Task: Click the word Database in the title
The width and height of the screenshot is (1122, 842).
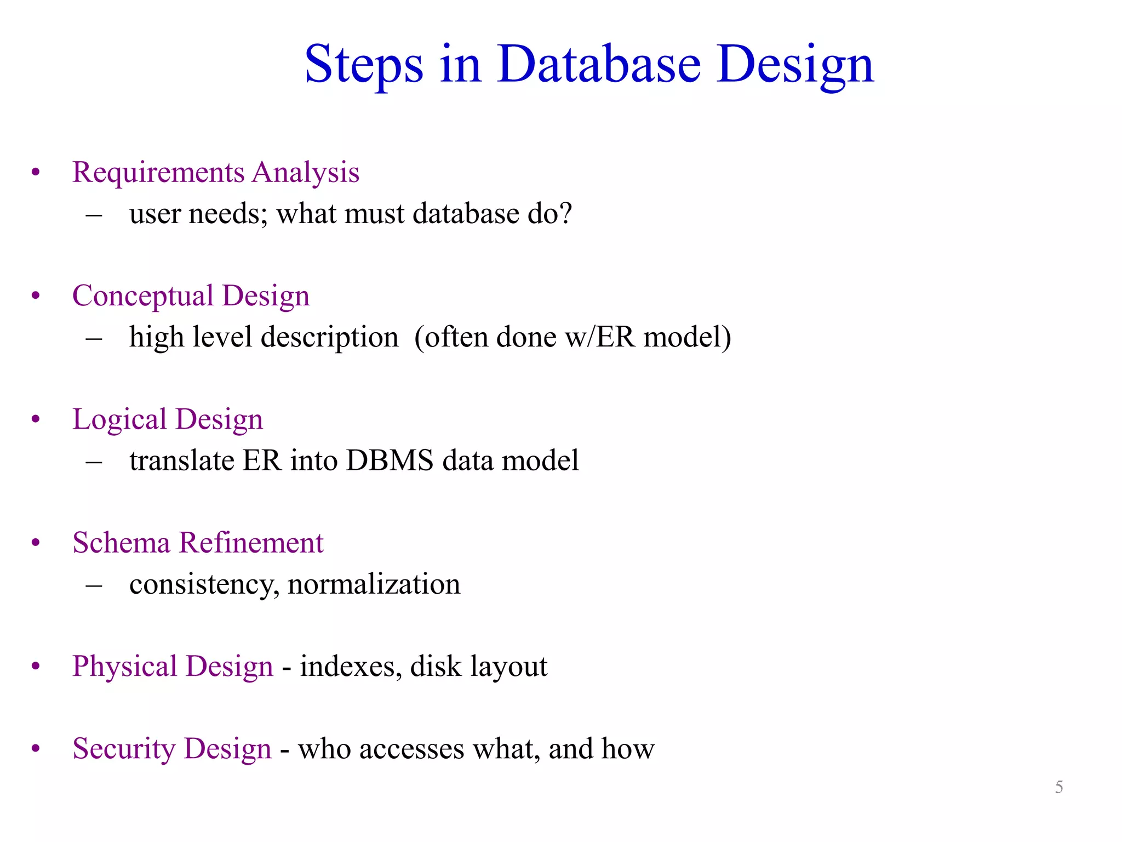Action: [x=599, y=64]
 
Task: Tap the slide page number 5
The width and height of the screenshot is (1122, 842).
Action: [x=1059, y=787]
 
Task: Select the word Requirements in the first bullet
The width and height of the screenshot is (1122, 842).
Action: [x=158, y=173]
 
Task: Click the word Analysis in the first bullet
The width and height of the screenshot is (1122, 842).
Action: [x=306, y=173]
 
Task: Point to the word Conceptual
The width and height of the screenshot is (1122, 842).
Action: [x=143, y=297]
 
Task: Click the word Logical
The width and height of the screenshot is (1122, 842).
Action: [x=119, y=420]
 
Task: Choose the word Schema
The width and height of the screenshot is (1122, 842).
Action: [x=122, y=543]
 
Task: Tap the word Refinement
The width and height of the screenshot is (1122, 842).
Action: [x=251, y=543]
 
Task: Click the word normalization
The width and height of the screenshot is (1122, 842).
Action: [x=374, y=584]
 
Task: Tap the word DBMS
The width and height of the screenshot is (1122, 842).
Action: [x=390, y=460]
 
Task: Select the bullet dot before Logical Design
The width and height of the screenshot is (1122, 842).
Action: [x=36, y=420]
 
